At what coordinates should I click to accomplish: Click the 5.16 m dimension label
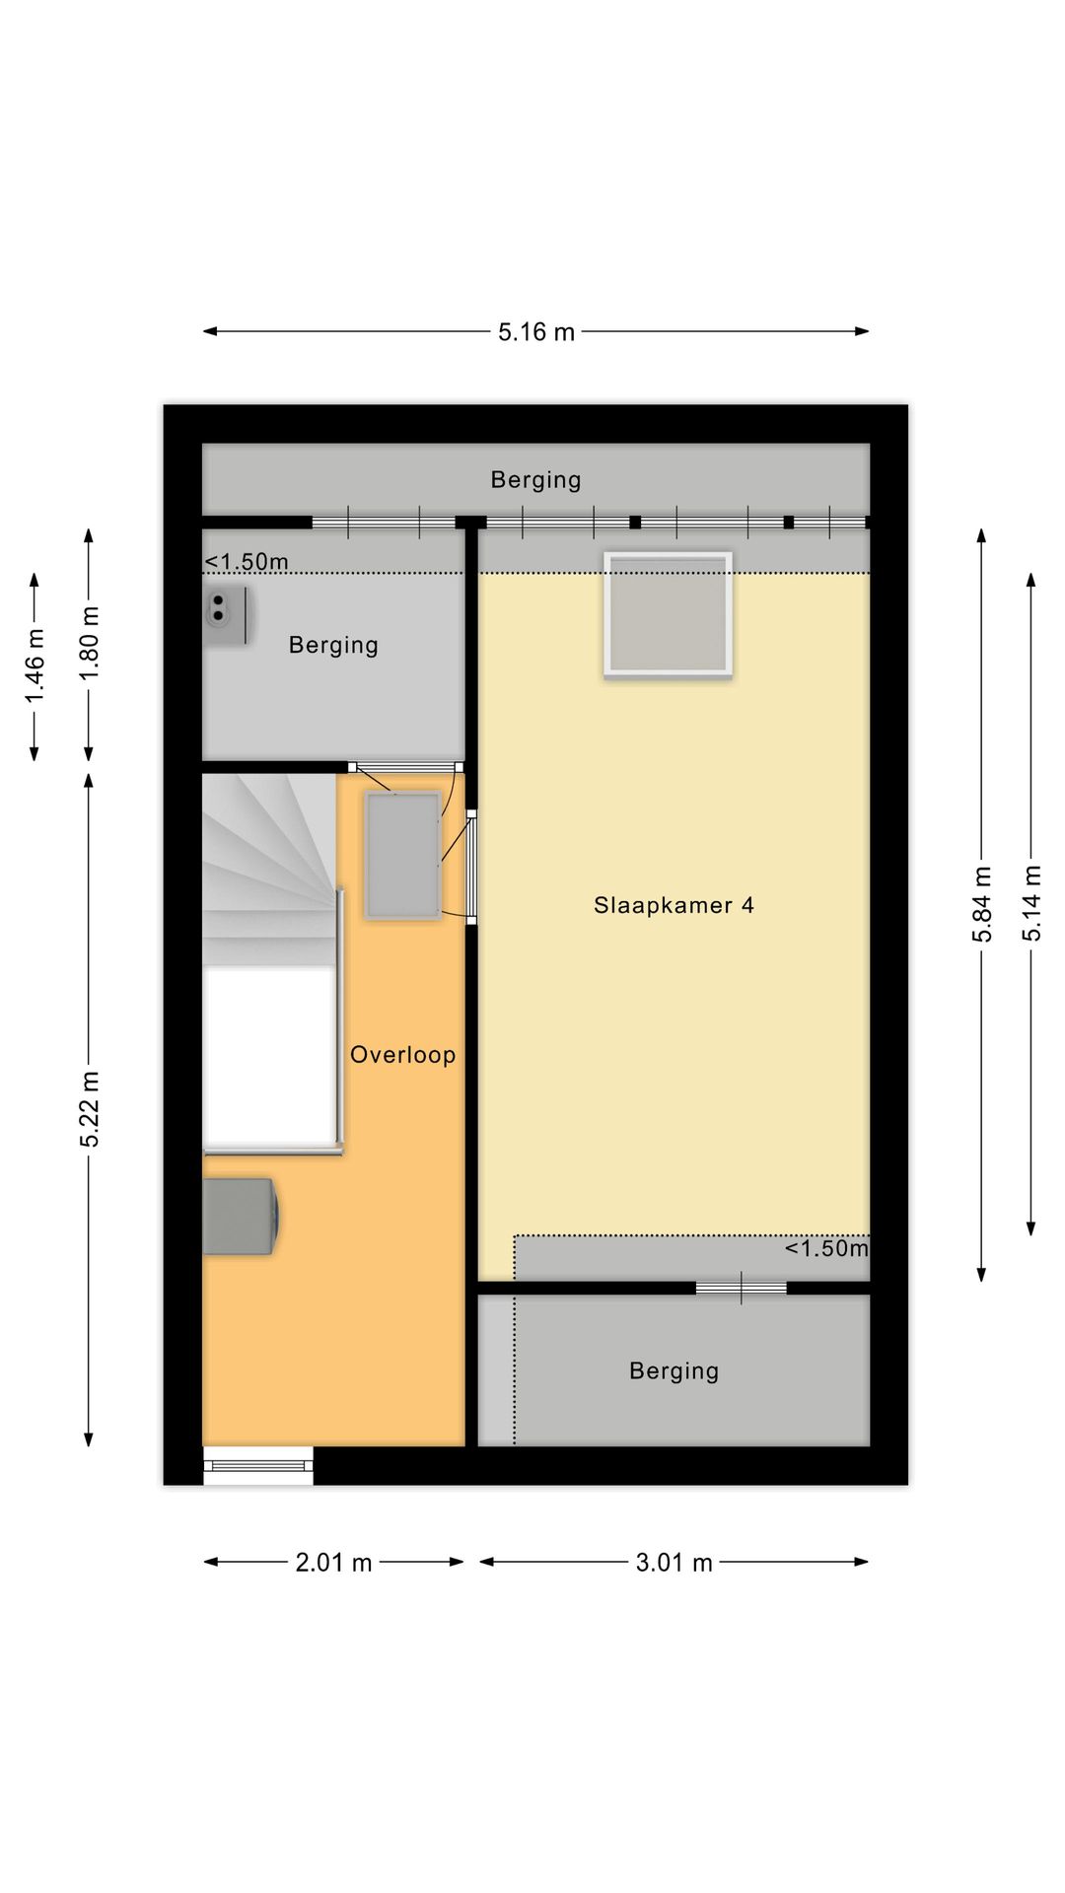click(535, 332)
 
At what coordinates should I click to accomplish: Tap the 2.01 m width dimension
click(333, 1562)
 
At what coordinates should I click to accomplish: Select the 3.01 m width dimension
click(674, 1562)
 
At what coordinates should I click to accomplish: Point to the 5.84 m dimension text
click(982, 904)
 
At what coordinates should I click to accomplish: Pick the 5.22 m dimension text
click(90, 1109)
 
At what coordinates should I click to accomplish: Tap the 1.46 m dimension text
click(35, 666)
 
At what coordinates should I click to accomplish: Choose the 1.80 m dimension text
click(90, 642)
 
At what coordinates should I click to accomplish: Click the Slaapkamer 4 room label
click(674, 905)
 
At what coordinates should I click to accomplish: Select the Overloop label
click(402, 1055)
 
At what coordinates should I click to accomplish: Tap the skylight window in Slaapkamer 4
click(669, 615)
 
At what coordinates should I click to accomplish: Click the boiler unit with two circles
click(226, 615)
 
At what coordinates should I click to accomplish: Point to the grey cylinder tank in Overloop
click(241, 1216)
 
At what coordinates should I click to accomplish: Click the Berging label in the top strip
click(535, 480)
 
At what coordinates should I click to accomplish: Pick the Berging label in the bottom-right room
click(674, 1370)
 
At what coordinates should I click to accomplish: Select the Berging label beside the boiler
click(333, 645)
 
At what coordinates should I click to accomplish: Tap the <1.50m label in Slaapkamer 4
click(826, 1248)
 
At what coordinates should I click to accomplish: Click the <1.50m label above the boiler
click(247, 562)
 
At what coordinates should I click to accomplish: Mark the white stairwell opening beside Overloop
click(268, 1055)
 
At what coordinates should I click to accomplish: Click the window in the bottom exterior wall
click(258, 1465)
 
